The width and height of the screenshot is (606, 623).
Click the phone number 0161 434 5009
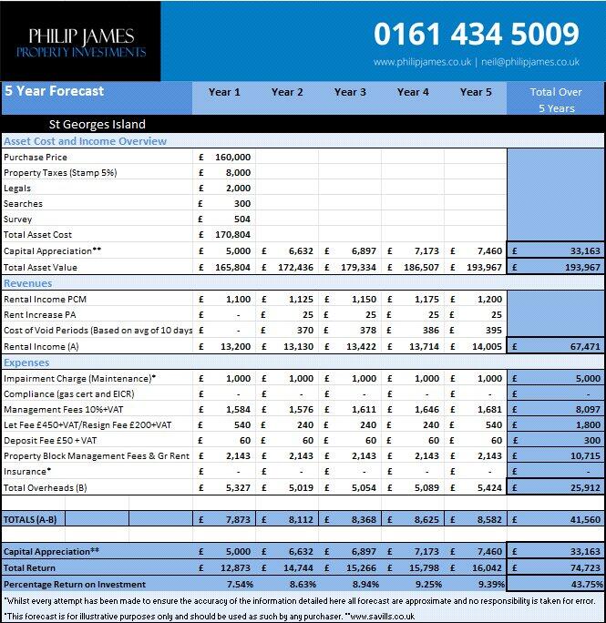point(476,35)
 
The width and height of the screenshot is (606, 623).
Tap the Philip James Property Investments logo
point(80,42)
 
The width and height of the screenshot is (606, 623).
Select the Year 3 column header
point(350,92)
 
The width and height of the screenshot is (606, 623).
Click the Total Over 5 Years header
point(556,99)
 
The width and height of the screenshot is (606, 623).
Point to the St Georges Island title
point(97,124)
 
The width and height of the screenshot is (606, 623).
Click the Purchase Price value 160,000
point(232,157)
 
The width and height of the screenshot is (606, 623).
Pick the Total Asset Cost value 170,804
point(232,234)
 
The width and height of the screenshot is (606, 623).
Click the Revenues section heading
point(31,283)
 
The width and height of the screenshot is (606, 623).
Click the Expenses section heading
point(29,363)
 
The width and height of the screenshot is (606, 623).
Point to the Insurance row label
point(26,472)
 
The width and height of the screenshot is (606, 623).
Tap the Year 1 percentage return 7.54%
point(239,584)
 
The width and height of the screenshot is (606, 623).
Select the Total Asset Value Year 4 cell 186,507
point(421,268)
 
